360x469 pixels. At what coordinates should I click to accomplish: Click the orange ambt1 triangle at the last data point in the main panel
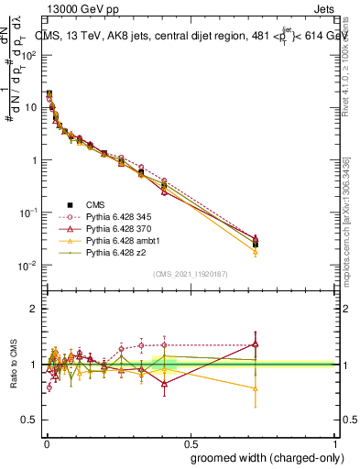[x=255, y=252]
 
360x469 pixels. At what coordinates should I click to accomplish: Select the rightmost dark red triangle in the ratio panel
[x=255, y=345]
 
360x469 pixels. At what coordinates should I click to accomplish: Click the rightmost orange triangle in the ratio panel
[x=255, y=388]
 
